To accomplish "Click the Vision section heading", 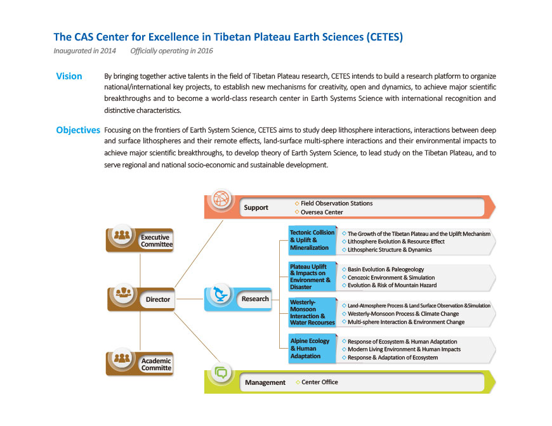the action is pyautogui.click(x=69, y=76).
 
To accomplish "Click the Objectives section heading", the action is pyautogui.click(x=78, y=130).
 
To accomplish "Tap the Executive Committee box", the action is pyautogui.click(x=140, y=240).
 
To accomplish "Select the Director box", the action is pyautogui.click(x=141, y=299).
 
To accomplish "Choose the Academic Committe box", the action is pyautogui.click(x=140, y=364).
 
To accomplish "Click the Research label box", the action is pyautogui.click(x=238, y=299).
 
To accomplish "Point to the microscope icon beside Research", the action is pyautogui.click(x=221, y=294).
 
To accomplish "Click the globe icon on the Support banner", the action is pyautogui.click(x=221, y=199).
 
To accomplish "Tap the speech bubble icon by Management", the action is pyautogui.click(x=221, y=372).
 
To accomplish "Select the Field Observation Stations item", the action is pyautogui.click(x=334, y=203).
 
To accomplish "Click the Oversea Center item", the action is pyautogui.click(x=319, y=212).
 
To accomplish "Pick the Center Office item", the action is pyautogui.click(x=317, y=382).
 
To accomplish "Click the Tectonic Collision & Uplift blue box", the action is pyautogui.click(x=312, y=240).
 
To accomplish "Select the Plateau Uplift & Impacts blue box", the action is pyautogui.click(x=312, y=276).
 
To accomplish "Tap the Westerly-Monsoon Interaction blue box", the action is pyautogui.click(x=312, y=313).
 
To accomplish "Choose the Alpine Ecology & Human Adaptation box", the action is pyautogui.click(x=312, y=349).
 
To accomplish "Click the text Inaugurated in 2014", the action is pyautogui.click(x=84, y=51).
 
